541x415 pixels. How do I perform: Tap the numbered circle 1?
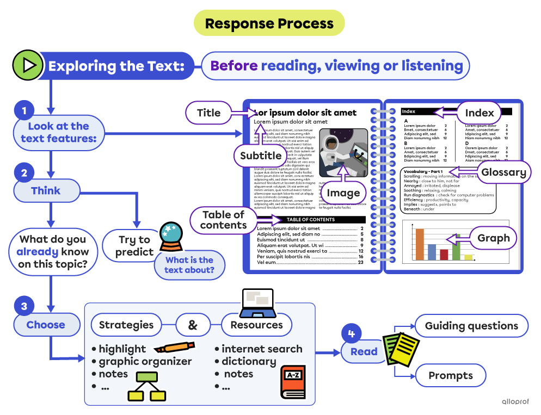tap(24, 111)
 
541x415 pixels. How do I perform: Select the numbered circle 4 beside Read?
tap(351, 333)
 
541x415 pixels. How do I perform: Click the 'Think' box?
tap(46, 191)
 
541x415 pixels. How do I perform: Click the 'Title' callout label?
tap(208, 113)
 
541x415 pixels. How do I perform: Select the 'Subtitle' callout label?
tap(261, 156)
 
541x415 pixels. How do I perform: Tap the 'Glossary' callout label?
tap(503, 172)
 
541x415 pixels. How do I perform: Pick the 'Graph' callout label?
tap(493, 238)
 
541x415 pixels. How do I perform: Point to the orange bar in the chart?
tap(420, 244)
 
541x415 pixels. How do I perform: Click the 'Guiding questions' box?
tap(471, 326)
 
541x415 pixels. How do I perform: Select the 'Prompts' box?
tap(450, 375)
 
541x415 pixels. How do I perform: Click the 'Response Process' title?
tap(269, 23)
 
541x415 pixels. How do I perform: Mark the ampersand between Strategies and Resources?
tap(193, 325)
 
